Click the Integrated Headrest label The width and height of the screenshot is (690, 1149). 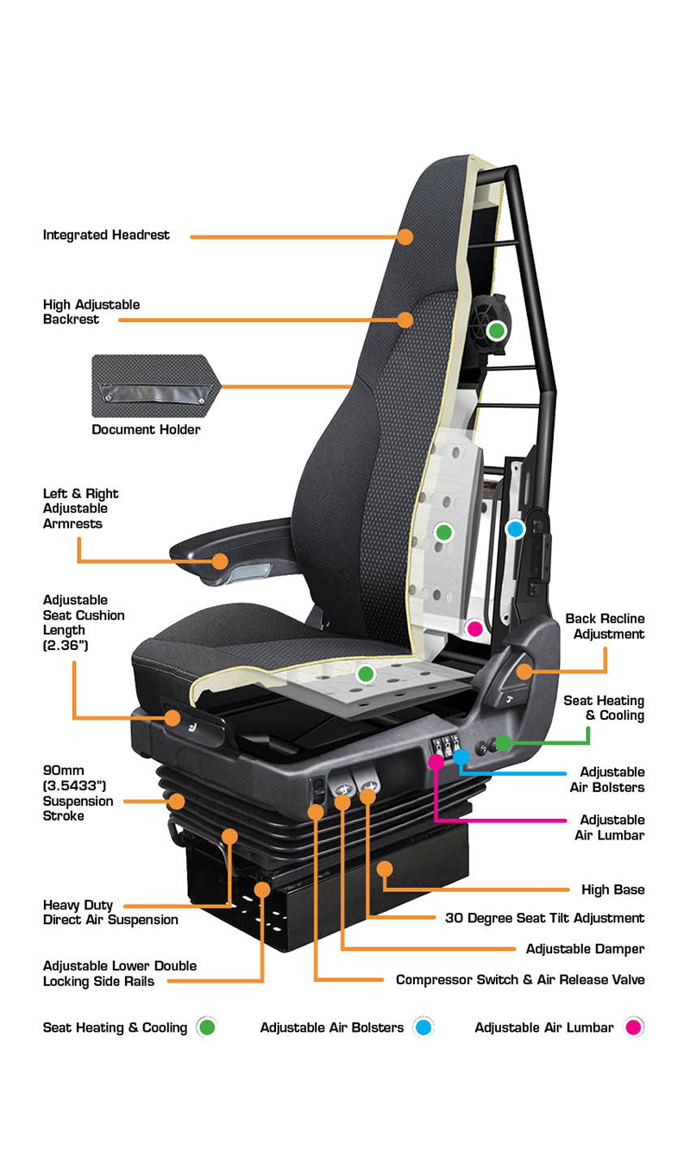pyautogui.click(x=106, y=235)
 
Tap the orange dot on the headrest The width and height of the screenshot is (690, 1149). pyautogui.click(x=405, y=236)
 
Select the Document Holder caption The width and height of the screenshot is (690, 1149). pyautogui.click(x=146, y=429)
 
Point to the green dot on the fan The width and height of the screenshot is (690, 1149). pyautogui.click(x=497, y=331)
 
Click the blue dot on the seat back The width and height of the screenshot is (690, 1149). pyautogui.click(x=515, y=529)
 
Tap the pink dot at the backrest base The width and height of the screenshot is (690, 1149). pyautogui.click(x=475, y=628)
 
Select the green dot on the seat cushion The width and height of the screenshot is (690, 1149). pyautogui.click(x=366, y=673)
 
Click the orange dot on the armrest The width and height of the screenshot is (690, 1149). pyautogui.click(x=220, y=561)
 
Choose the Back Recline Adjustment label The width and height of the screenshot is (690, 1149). pyautogui.click(x=605, y=627)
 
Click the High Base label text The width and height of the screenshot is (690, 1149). pyautogui.click(x=613, y=890)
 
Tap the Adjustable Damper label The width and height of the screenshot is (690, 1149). pyautogui.click(x=586, y=949)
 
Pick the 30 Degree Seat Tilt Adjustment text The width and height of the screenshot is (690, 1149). pyautogui.click(x=545, y=918)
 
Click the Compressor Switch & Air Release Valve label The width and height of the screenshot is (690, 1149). pyautogui.click(x=520, y=980)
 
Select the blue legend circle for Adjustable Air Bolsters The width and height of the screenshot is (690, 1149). pyautogui.click(x=423, y=1027)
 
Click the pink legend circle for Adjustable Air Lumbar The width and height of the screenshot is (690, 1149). pyautogui.click(x=634, y=1027)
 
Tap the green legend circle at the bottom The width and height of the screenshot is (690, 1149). pyautogui.click(x=206, y=1027)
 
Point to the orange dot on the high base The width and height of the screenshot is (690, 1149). pyautogui.click(x=385, y=869)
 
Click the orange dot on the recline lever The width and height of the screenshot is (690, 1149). pyautogui.click(x=524, y=671)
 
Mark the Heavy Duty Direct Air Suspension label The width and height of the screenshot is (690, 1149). pyautogui.click(x=110, y=912)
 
